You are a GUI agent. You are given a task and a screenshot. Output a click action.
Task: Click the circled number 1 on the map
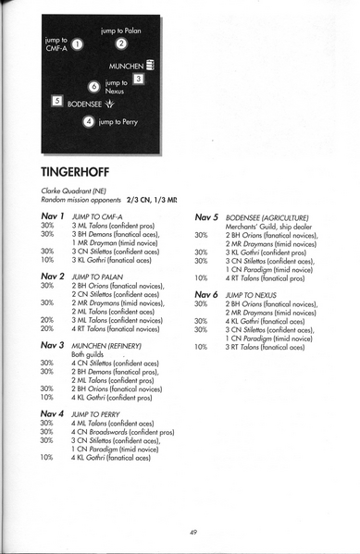point(78,43)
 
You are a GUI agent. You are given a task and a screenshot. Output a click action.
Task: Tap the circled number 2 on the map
point(121,43)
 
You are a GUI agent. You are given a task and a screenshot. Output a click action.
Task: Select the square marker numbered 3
point(138,80)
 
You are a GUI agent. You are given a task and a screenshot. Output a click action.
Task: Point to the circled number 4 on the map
point(88,121)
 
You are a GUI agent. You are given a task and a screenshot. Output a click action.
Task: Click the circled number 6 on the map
point(93,87)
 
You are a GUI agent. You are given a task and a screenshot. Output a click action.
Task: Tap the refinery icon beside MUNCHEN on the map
point(150,66)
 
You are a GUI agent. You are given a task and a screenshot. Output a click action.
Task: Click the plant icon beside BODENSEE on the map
point(110,105)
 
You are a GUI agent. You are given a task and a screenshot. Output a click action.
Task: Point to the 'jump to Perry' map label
point(118,121)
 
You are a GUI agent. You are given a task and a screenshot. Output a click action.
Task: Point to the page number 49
point(192,532)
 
